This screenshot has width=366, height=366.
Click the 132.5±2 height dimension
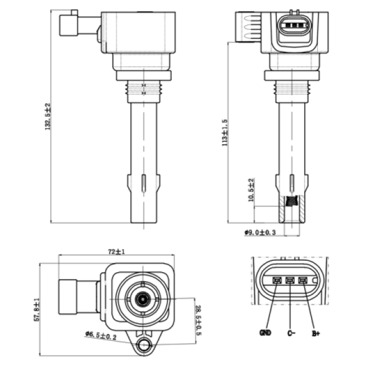(48, 116)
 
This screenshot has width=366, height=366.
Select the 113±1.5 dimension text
(225, 132)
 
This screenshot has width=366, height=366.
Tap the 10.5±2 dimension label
(251, 190)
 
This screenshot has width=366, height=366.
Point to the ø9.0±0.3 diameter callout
(260, 232)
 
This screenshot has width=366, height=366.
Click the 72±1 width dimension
(117, 252)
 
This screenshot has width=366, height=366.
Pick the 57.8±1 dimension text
(37, 310)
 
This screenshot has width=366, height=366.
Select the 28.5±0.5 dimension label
(198, 320)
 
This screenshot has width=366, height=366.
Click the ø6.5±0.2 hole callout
(101, 335)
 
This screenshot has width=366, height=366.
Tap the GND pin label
(265, 333)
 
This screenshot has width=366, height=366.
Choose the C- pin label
(291, 333)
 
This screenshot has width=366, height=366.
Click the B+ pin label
(316, 334)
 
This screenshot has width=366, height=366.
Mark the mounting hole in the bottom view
(143, 344)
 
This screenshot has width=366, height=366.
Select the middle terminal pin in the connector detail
(290, 280)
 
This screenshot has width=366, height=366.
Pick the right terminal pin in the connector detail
(303, 280)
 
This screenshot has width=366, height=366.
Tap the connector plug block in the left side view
(69, 25)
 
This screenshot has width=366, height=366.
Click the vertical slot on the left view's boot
(144, 183)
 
